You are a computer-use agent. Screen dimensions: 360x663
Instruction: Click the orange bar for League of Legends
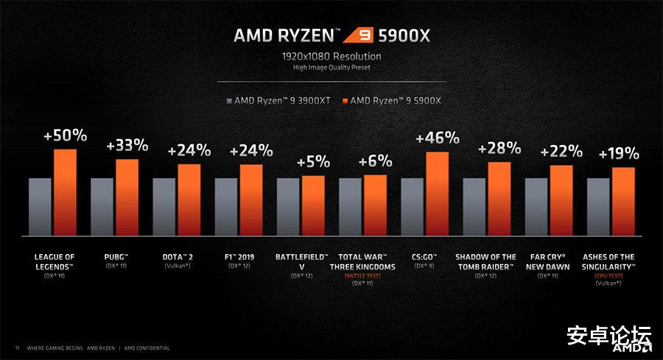pos(65,192)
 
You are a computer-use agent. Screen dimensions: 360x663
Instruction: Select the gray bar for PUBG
pos(102,206)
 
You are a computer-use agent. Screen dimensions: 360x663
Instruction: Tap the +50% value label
pos(65,136)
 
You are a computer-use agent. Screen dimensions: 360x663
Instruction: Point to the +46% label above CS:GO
pos(438,138)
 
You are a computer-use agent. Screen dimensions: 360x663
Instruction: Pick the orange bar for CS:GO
pos(438,194)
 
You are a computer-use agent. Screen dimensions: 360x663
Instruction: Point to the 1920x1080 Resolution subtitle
pos(331,56)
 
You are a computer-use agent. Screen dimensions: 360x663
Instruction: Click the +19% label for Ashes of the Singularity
pos(619,155)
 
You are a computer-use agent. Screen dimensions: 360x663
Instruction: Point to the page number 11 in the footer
pos(16,347)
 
